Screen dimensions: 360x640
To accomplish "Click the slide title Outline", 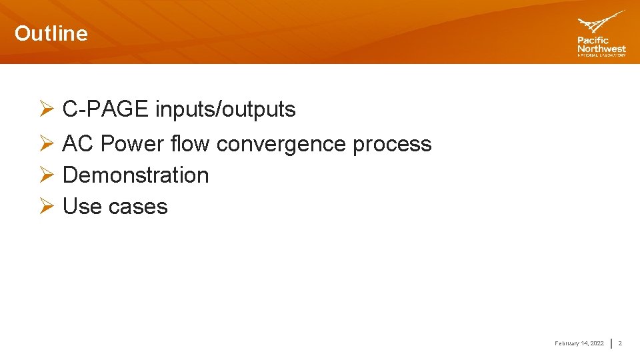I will [x=51, y=33].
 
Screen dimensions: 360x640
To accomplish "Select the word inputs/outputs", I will [x=225, y=109].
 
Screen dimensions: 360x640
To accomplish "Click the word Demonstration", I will [x=135, y=175].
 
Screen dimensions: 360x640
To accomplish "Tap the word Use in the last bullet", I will [x=82, y=207].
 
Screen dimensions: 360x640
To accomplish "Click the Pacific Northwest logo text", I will [x=601, y=45].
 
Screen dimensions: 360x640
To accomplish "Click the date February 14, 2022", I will [x=579, y=343].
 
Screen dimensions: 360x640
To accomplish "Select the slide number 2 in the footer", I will [x=620, y=343].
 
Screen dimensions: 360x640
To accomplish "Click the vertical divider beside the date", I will [x=612, y=343].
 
